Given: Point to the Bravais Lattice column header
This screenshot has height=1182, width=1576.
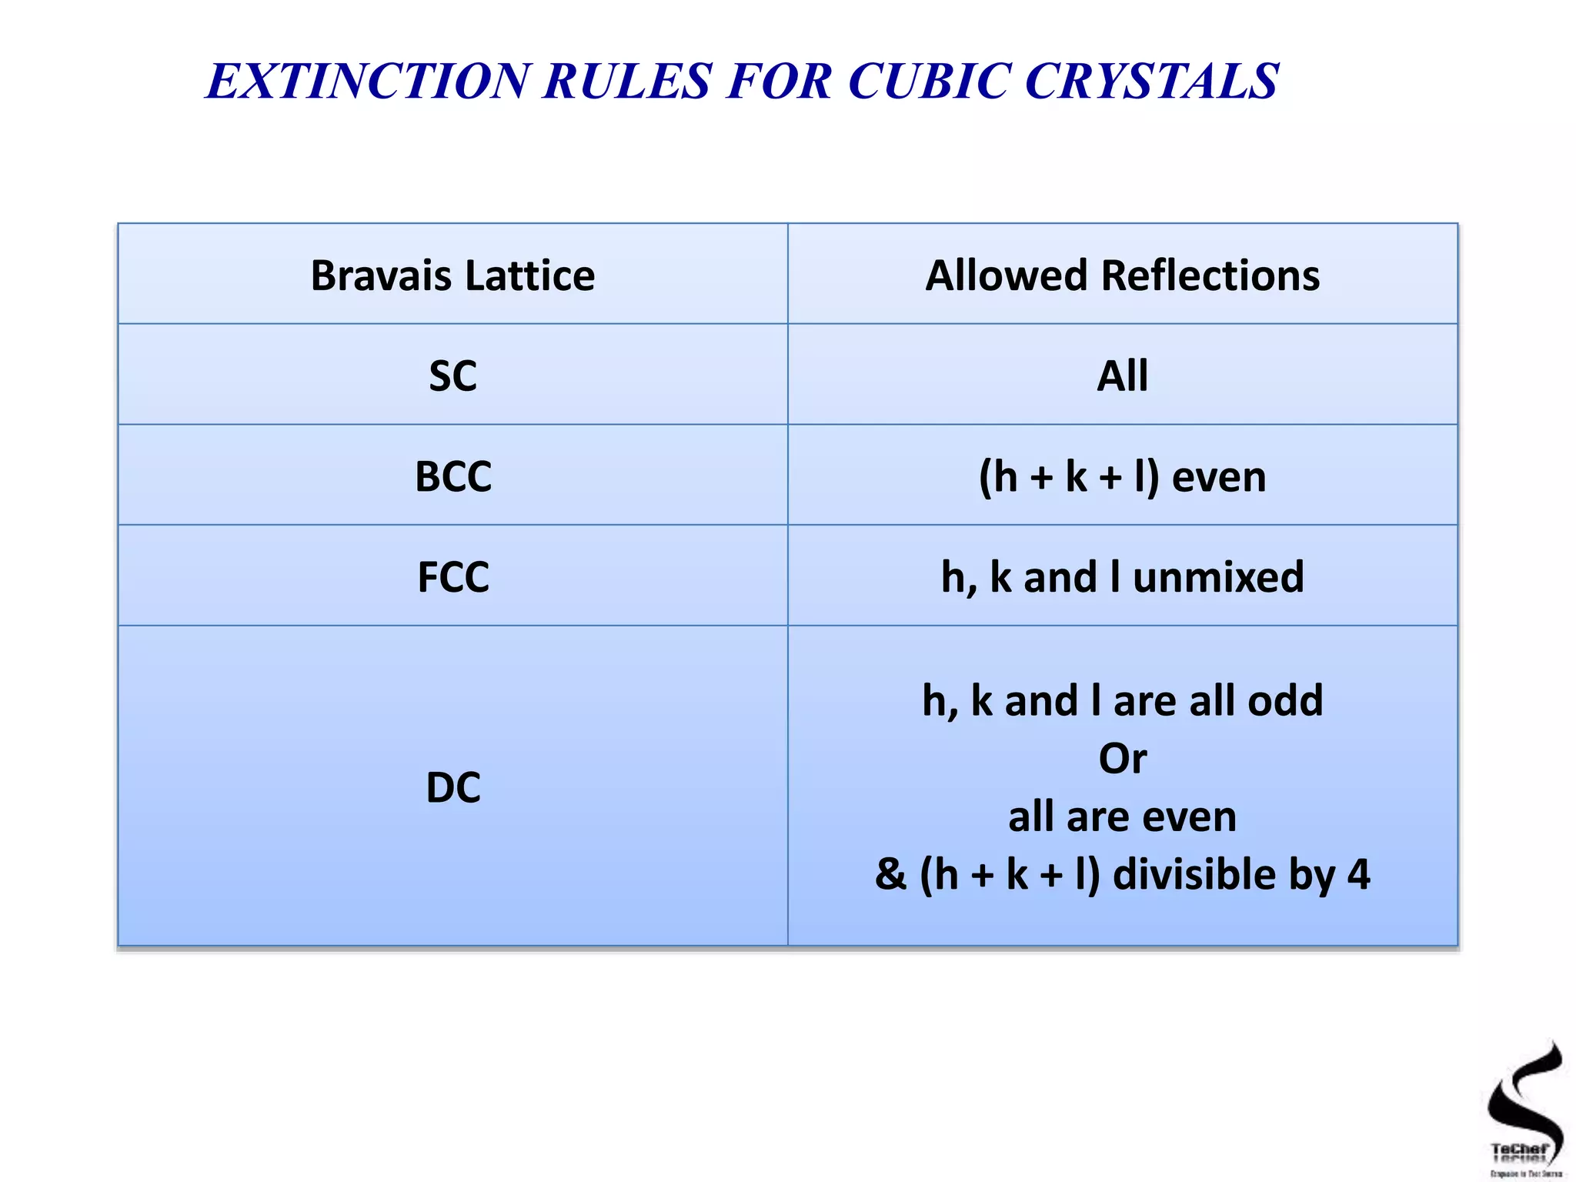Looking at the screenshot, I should click(452, 275).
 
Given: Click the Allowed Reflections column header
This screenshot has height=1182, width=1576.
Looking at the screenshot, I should click(1122, 275).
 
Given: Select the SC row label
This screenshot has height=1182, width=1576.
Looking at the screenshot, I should click(452, 376).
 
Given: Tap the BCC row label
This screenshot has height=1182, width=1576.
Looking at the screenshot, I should click(452, 476).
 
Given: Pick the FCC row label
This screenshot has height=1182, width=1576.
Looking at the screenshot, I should click(452, 577).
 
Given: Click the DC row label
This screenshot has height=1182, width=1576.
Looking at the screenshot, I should click(452, 787).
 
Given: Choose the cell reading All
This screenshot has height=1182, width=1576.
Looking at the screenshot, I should click(1122, 376).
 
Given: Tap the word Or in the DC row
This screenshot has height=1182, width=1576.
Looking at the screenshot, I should click(1122, 759).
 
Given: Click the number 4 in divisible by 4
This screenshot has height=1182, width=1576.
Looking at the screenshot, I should click(1358, 875).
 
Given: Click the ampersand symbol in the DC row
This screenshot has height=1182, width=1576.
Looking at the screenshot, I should click(890, 875).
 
